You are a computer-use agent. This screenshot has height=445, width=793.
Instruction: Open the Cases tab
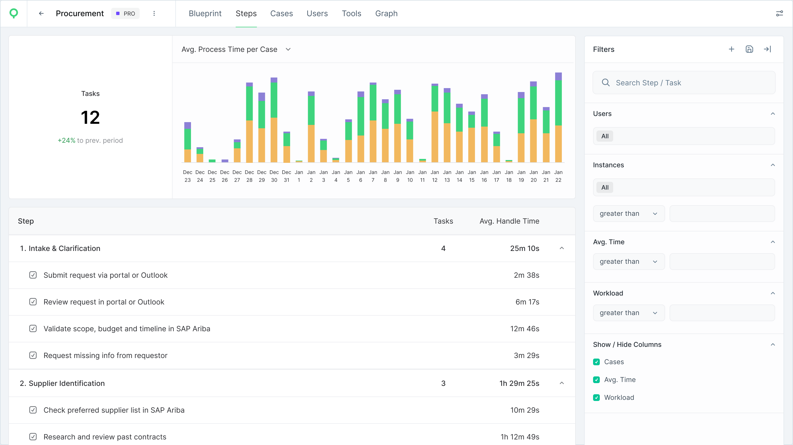point(281,13)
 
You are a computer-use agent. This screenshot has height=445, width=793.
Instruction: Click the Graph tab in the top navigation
point(386,13)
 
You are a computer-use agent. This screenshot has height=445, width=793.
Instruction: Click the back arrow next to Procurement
point(41,13)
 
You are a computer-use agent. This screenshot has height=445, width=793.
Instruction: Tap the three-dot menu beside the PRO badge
point(154,13)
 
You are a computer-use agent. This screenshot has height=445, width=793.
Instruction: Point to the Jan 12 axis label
point(434,176)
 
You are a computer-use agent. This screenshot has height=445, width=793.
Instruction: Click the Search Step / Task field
point(684,83)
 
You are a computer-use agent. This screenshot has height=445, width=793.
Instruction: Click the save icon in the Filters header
point(749,49)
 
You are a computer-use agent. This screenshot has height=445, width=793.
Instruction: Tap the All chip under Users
point(605,136)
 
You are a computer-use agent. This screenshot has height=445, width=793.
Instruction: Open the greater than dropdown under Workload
point(628,313)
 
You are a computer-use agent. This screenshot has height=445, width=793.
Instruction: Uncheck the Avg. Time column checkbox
point(596,380)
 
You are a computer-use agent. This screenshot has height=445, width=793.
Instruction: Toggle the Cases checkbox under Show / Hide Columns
point(596,362)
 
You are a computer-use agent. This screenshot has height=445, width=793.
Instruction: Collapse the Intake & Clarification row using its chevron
point(562,248)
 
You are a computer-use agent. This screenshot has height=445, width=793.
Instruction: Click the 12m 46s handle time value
point(525,329)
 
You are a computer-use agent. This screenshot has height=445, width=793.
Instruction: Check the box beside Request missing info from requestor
point(33,355)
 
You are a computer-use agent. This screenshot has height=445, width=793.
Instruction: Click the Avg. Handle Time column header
point(509,221)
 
